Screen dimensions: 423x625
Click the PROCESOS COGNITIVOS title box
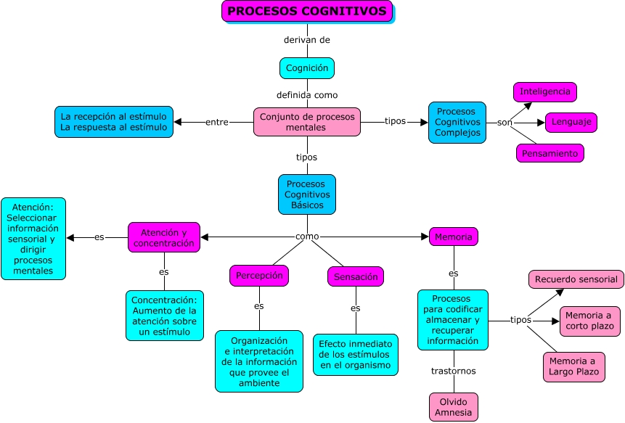pyautogui.click(x=307, y=11)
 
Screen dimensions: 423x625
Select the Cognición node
pyautogui.click(x=307, y=68)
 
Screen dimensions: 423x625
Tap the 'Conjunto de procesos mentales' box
pyautogui.click(x=307, y=122)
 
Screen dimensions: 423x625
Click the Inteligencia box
pyautogui.click(x=545, y=92)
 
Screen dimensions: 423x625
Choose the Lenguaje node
pyautogui.click(x=571, y=123)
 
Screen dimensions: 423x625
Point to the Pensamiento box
pyautogui.click(x=550, y=153)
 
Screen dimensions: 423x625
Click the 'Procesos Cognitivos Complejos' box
pyautogui.click(x=457, y=123)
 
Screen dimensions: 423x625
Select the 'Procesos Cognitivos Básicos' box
pyautogui.click(x=307, y=194)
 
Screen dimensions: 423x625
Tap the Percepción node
pyautogui.click(x=259, y=276)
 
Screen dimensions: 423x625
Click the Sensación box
pyautogui.click(x=356, y=276)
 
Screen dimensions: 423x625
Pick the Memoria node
pyautogui.click(x=454, y=237)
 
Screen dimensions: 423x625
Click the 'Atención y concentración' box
pyautogui.click(x=164, y=237)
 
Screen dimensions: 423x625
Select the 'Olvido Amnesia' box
pyautogui.click(x=454, y=407)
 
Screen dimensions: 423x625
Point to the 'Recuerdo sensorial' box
pyautogui.click(x=576, y=279)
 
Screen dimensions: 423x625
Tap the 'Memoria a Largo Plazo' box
pyautogui.click(x=573, y=367)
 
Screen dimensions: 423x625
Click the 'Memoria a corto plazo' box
pyautogui.click(x=589, y=321)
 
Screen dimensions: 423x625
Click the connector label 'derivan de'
pyautogui.click(x=308, y=40)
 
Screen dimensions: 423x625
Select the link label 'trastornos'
pyautogui.click(x=454, y=371)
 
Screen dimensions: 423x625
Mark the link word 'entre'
pyautogui.click(x=217, y=122)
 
